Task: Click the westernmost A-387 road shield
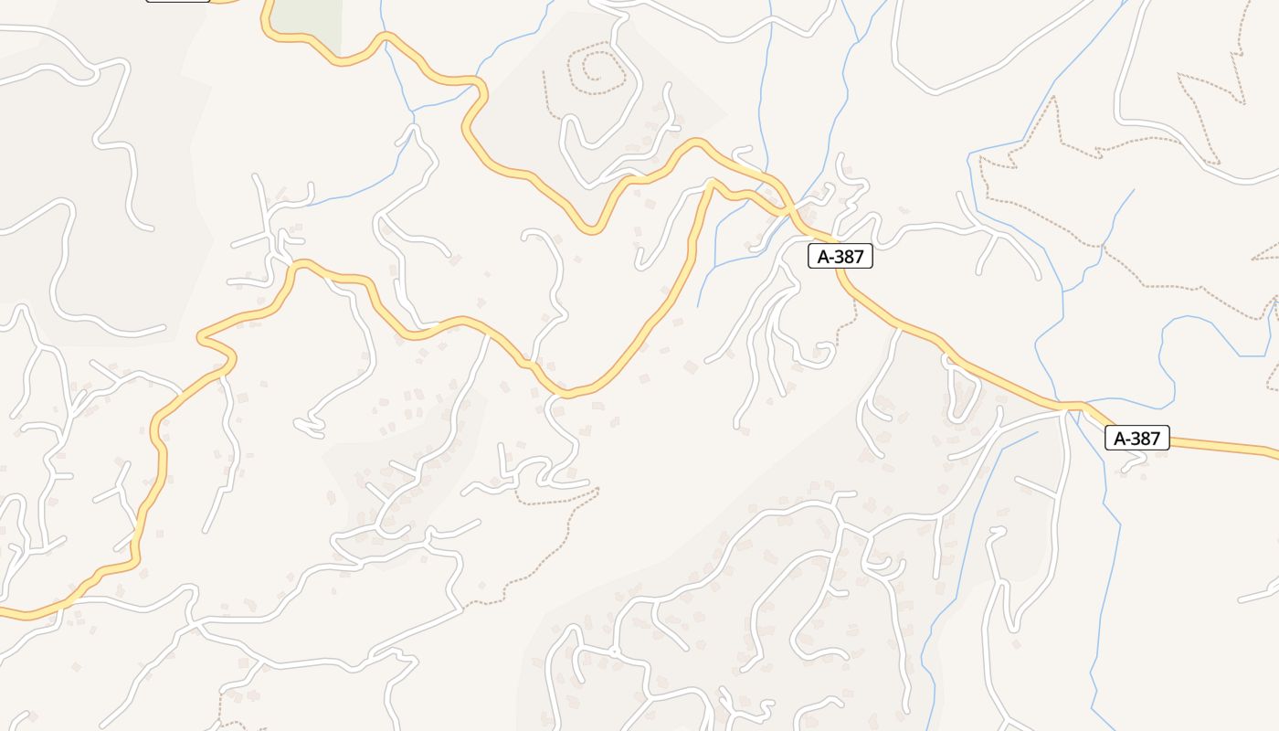point(840,257)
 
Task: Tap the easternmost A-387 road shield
point(1136,438)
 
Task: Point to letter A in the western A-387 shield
point(822,257)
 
